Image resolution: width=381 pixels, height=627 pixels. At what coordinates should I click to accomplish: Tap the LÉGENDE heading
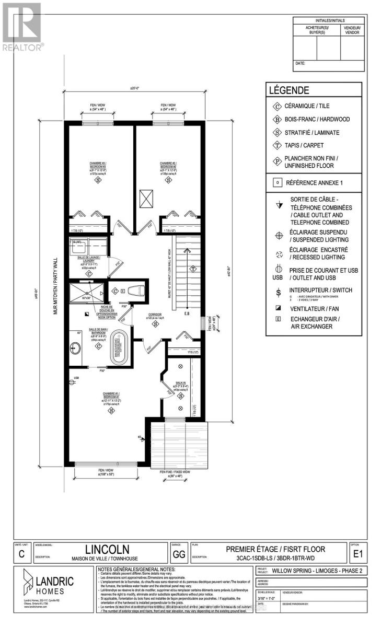289,90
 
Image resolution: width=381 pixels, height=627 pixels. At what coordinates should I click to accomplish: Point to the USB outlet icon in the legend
278,273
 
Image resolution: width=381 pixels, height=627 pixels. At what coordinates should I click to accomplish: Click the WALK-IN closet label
180,385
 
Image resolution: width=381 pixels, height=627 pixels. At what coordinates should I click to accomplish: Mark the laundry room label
88,261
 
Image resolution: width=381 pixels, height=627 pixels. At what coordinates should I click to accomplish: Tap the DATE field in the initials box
300,63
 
